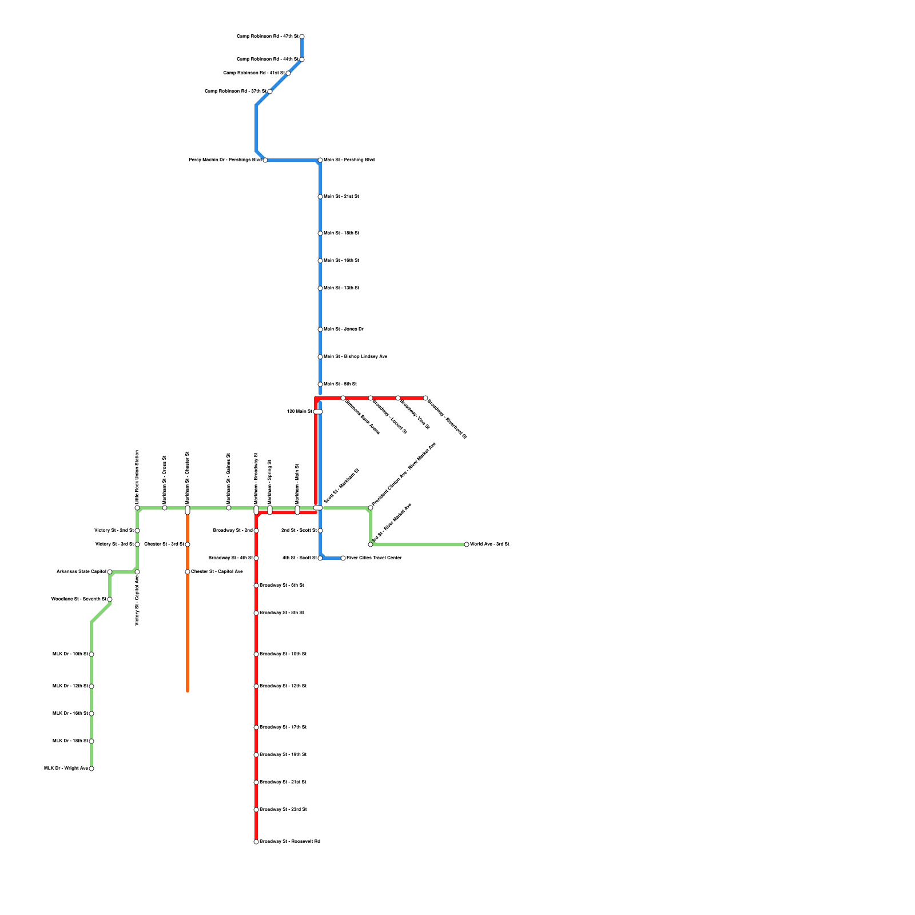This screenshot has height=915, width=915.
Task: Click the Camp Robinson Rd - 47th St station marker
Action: click(302, 37)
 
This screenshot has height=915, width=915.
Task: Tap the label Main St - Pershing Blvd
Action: click(349, 160)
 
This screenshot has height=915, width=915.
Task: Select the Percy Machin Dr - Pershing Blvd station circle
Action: click(265, 160)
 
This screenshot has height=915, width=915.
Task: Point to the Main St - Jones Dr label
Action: click(344, 329)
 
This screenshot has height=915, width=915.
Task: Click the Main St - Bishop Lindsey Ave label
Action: click(355, 357)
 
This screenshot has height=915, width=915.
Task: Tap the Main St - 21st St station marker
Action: click(320, 197)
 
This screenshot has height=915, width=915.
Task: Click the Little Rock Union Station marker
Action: click(137, 508)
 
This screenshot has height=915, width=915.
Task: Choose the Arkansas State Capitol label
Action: click(81, 572)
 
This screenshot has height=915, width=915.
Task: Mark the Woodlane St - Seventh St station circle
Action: click(110, 599)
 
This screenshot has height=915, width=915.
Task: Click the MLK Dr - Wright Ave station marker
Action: click(91, 769)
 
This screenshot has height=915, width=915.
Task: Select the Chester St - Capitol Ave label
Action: click(217, 572)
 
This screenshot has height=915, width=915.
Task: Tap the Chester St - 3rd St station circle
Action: click(188, 544)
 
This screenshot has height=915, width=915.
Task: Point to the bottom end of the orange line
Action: click(188, 691)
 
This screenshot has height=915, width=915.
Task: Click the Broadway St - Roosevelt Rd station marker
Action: click(256, 842)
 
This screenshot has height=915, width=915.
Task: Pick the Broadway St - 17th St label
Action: click(283, 727)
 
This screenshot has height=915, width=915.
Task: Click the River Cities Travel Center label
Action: click(374, 558)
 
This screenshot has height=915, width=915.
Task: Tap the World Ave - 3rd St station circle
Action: click(467, 544)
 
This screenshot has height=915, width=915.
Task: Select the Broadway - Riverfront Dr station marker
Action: click(425, 398)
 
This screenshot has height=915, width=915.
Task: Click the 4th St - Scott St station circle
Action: click(320, 558)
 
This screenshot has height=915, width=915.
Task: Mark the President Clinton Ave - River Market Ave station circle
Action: click(371, 508)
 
